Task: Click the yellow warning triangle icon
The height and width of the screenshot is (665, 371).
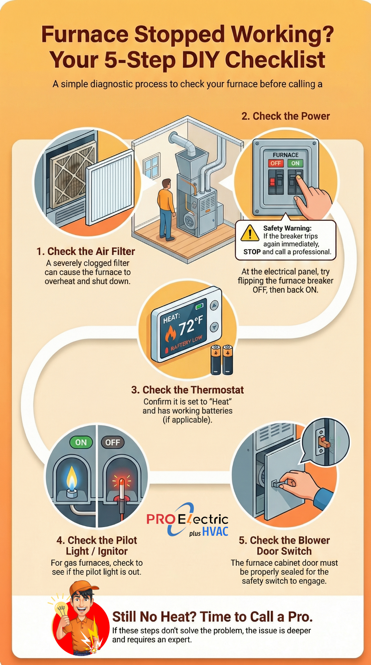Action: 250,233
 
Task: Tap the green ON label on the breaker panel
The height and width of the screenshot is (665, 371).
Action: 295,163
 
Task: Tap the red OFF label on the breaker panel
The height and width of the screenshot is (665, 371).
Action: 275,163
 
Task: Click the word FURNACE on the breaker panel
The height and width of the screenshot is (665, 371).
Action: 286,155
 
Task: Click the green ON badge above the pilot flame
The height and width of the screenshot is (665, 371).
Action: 81,442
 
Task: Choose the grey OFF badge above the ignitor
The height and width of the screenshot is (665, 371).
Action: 112,442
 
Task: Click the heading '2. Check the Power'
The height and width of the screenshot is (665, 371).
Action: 286,116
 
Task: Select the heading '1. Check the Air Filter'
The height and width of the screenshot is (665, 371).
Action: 86,251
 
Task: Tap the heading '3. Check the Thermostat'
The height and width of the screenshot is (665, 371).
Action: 187,390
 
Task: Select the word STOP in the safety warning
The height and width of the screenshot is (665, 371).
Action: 252,252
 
